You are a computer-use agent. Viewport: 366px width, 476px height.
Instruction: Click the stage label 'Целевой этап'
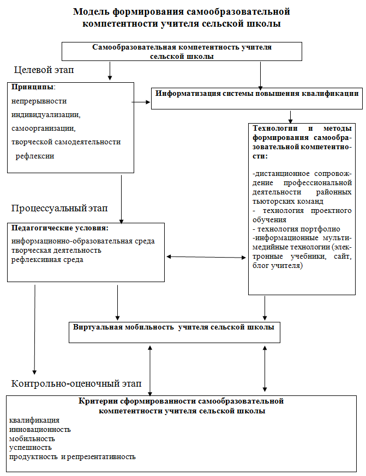coord(44,70)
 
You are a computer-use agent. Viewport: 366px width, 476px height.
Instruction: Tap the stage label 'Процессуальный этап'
coord(59,209)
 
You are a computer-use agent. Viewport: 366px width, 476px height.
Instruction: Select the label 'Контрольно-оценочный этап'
coord(76,384)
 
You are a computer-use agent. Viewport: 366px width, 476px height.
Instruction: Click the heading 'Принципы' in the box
coord(33,87)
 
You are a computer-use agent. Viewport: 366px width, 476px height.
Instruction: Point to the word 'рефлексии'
coord(35,156)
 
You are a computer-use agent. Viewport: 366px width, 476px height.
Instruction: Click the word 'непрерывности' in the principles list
coord(39,101)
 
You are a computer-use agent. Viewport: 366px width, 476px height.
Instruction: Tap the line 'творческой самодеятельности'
coord(66,142)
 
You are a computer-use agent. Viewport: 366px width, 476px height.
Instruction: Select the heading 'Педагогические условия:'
coord(60,228)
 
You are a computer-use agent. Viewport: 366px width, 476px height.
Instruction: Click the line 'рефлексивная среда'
coord(47,260)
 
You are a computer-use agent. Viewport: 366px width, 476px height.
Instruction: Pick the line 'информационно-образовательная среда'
coord(83,241)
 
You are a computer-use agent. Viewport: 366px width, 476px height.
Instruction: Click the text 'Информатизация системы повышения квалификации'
coord(257,94)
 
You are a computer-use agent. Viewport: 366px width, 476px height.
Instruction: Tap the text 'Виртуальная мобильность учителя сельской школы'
coord(173,327)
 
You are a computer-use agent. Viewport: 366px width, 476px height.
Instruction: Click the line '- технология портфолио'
coord(296,229)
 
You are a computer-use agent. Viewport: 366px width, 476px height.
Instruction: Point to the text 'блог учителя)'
coord(278,266)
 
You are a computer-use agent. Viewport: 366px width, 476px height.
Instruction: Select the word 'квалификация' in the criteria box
coord(34,420)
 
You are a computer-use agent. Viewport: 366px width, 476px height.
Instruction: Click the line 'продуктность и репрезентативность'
coord(73,457)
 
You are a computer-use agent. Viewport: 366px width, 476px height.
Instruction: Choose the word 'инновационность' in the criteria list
coord(40,430)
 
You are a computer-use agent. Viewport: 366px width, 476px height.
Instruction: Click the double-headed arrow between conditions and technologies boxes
coord(206,257)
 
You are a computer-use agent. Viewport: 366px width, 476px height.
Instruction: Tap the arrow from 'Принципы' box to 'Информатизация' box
coord(141,102)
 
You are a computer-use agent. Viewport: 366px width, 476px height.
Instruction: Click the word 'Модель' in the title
coord(91,12)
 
